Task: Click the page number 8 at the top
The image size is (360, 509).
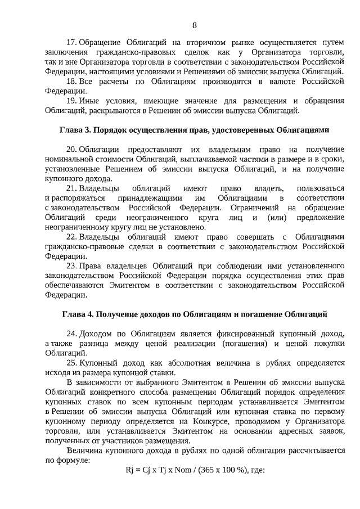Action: [x=195, y=25]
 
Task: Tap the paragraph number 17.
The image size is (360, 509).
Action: [x=71, y=43]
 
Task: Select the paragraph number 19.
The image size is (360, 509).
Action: [x=71, y=100]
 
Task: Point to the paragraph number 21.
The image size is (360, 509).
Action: [x=71, y=187]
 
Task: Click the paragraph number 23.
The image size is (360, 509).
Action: [x=71, y=264]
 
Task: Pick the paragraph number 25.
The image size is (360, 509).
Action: [x=71, y=363]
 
